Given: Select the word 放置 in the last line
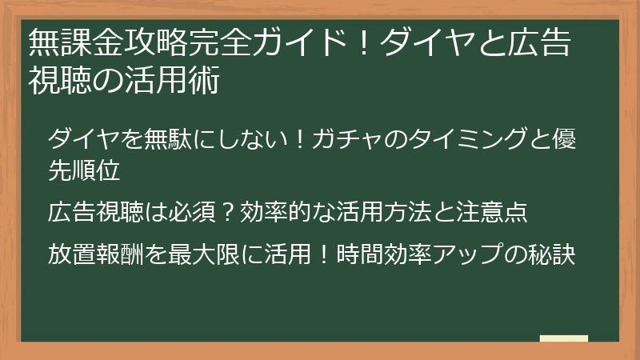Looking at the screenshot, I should (70, 255).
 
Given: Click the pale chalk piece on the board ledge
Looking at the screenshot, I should (563, 338).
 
